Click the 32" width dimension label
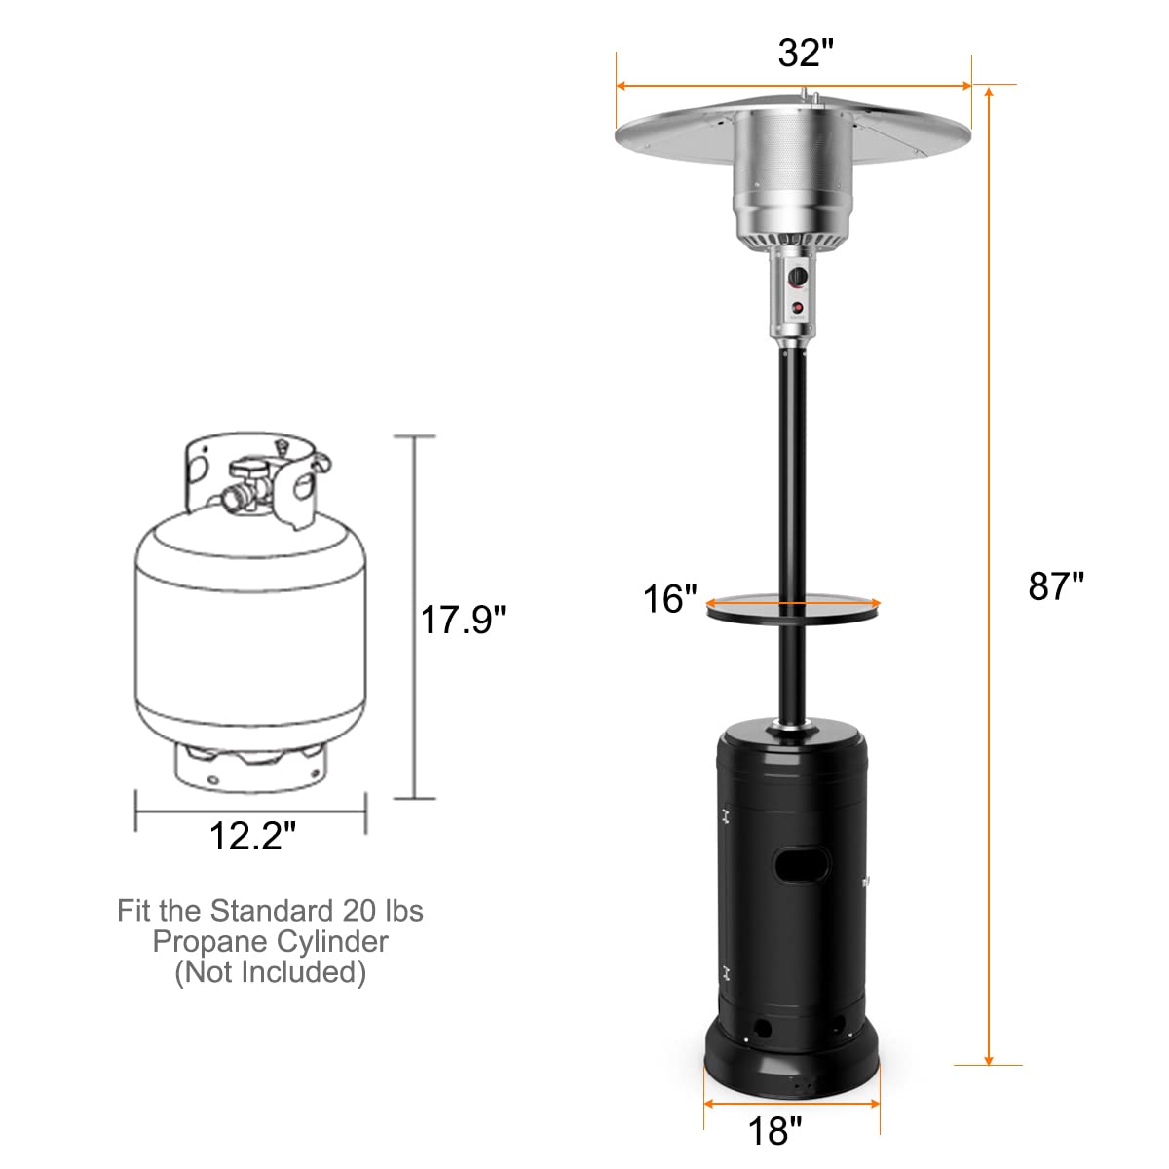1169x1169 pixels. [x=806, y=53]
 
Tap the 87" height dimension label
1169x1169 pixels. [x=1056, y=586]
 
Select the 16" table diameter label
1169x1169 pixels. [x=669, y=599]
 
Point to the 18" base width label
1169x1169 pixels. [x=774, y=1130]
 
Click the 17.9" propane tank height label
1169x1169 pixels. [x=463, y=620]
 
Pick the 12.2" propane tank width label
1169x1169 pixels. [x=252, y=836]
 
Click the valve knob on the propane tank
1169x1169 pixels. [x=249, y=468]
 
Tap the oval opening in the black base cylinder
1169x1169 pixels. [x=802, y=865]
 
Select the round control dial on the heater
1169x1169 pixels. [x=798, y=277]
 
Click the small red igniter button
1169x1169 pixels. [x=798, y=308]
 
